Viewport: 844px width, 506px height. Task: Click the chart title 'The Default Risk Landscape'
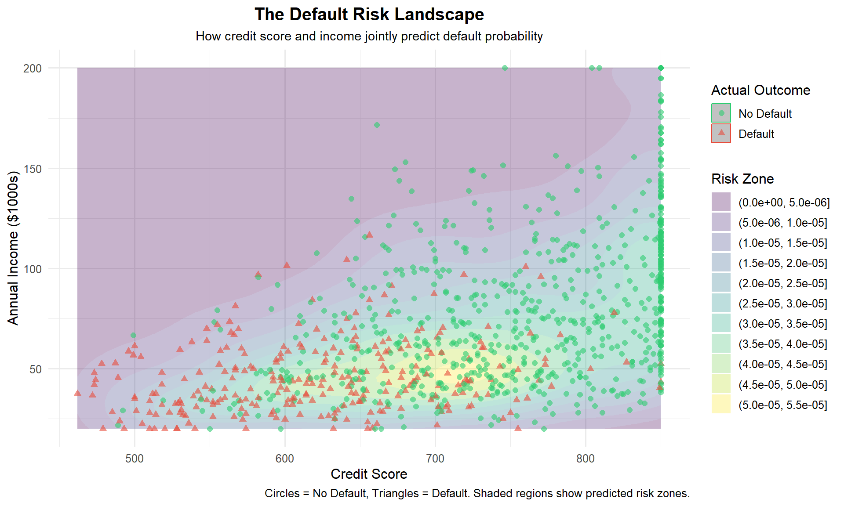[x=369, y=14]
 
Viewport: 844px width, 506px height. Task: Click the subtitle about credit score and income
[x=369, y=36]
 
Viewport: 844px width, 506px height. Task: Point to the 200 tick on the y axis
[x=33, y=69]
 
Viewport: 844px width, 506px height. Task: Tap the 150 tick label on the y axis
[x=33, y=169]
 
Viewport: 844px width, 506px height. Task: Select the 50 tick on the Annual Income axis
[x=36, y=369]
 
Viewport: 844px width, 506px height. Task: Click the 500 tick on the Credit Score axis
[x=135, y=459]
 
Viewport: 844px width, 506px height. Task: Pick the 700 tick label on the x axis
[x=435, y=459]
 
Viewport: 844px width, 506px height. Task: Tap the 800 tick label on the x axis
[x=586, y=459]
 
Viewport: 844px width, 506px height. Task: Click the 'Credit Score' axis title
[x=369, y=474]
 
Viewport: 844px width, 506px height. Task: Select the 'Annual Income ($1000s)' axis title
[x=14, y=248]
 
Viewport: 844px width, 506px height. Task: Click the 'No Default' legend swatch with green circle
[x=721, y=113]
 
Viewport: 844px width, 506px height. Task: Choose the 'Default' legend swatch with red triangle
[x=721, y=134]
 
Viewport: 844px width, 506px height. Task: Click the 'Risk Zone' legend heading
[x=742, y=179]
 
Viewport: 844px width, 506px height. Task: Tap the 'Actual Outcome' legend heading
[x=760, y=90]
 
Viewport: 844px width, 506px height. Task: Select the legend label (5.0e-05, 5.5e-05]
[x=783, y=405]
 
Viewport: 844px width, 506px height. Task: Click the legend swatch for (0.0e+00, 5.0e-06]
[x=721, y=202]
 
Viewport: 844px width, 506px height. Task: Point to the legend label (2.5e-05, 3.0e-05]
[x=783, y=304]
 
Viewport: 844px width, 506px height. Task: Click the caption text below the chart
[x=477, y=493]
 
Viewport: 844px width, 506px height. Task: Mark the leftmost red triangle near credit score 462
[x=78, y=393]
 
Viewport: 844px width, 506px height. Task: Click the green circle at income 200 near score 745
[x=505, y=68]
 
